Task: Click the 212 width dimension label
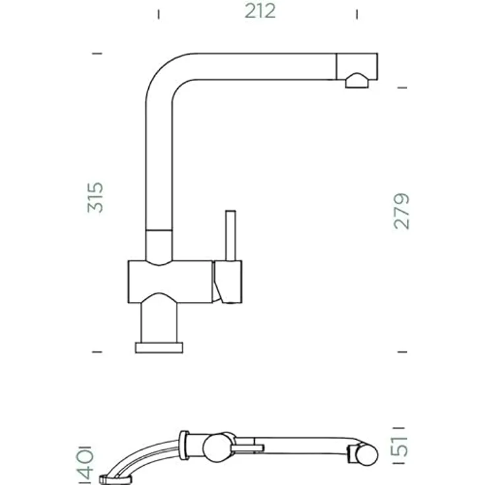[x=260, y=11]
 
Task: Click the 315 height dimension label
[x=95, y=197]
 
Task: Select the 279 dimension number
[x=401, y=212]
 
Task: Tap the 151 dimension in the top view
[x=401, y=445]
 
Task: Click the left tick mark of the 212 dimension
[x=159, y=14]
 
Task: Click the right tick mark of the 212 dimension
[x=357, y=14]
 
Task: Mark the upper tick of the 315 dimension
[x=97, y=53]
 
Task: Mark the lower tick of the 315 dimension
[x=97, y=352]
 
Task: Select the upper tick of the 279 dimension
[x=402, y=88]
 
